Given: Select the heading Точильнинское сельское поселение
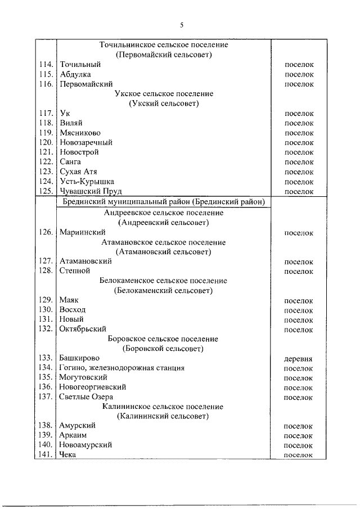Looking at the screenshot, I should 163,45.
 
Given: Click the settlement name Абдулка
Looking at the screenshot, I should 75,74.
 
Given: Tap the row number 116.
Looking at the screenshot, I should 46,84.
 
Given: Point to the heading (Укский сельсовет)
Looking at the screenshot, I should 163,103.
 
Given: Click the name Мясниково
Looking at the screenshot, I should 80,133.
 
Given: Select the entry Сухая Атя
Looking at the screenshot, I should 78,172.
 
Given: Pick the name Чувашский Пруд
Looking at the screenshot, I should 87,191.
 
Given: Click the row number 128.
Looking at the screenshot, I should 46,271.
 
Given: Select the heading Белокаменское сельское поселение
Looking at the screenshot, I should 163,281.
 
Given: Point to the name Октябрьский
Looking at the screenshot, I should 82,329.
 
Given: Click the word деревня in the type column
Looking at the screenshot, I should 299,358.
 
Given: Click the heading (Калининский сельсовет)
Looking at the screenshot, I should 163,416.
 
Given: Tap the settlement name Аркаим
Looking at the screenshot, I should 73,435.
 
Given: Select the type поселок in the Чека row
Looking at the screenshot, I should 299,454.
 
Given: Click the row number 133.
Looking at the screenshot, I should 46,358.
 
